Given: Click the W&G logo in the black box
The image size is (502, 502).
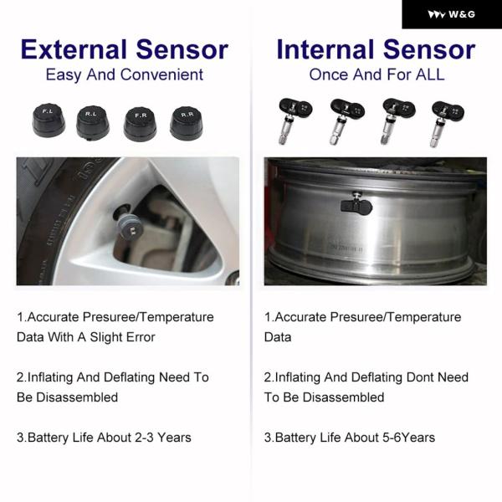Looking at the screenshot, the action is pyautogui.click(x=452, y=14).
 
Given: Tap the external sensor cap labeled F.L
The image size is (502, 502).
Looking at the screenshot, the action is pyautogui.click(x=49, y=120).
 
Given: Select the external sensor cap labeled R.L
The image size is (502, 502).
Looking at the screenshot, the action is pyautogui.click(x=93, y=123).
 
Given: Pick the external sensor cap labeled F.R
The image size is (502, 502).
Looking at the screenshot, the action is pyautogui.click(x=141, y=124).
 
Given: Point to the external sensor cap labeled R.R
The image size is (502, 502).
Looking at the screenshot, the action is pyautogui.click(x=187, y=123).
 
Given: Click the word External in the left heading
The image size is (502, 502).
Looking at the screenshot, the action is pyautogui.click(x=74, y=49).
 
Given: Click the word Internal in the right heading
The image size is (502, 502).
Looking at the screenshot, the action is pyautogui.click(x=325, y=49).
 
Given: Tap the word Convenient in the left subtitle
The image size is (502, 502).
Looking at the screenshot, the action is pyautogui.click(x=162, y=75).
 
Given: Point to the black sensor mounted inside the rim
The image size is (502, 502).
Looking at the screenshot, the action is pyautogui.click(x=356, y=205).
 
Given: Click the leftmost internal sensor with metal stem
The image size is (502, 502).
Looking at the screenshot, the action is pyautogui.click(x=295, y=120).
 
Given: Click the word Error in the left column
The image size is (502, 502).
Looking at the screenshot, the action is pyautogui.click(x=141, y=337).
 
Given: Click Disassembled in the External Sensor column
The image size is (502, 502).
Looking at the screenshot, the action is pyautogui.click(x=77, y=397).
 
